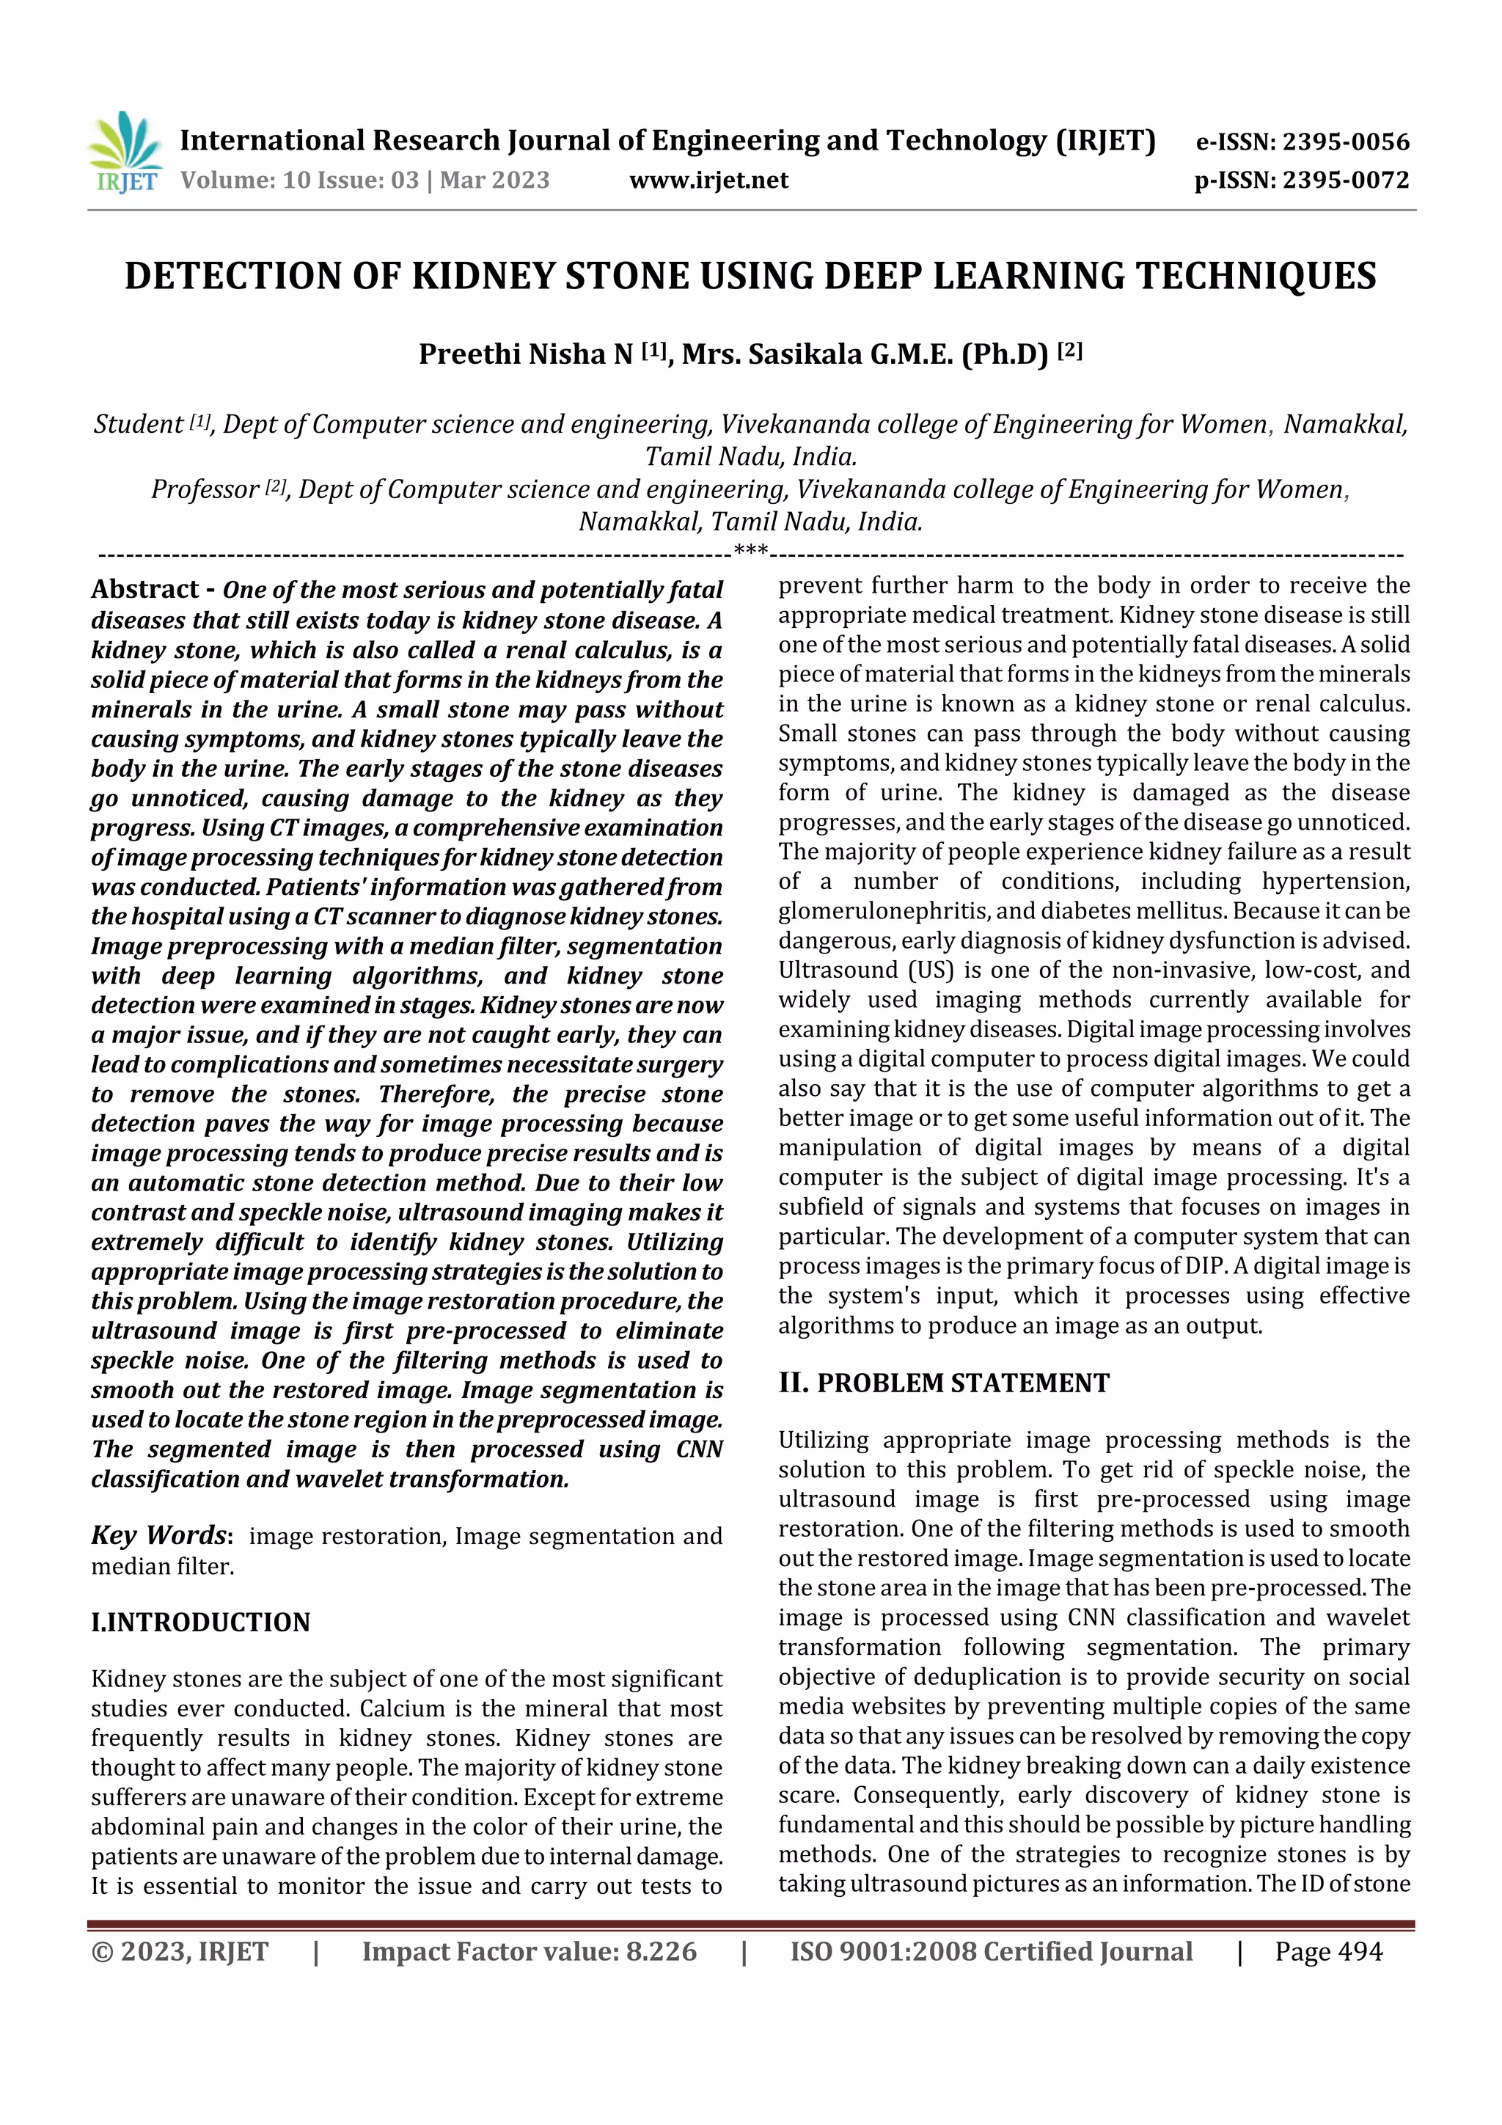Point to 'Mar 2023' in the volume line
coord(494,180)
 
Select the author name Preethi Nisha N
coord(524,354)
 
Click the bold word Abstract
coord(144,590)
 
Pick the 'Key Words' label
coord(159,1537)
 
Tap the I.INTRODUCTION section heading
coord(200,1623)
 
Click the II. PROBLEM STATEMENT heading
coord(943,1383)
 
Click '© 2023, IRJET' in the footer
coord(180,1952)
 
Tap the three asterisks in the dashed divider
coord(750,552)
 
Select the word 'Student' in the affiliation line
coord(138,425)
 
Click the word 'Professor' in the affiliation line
coord(205,489)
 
